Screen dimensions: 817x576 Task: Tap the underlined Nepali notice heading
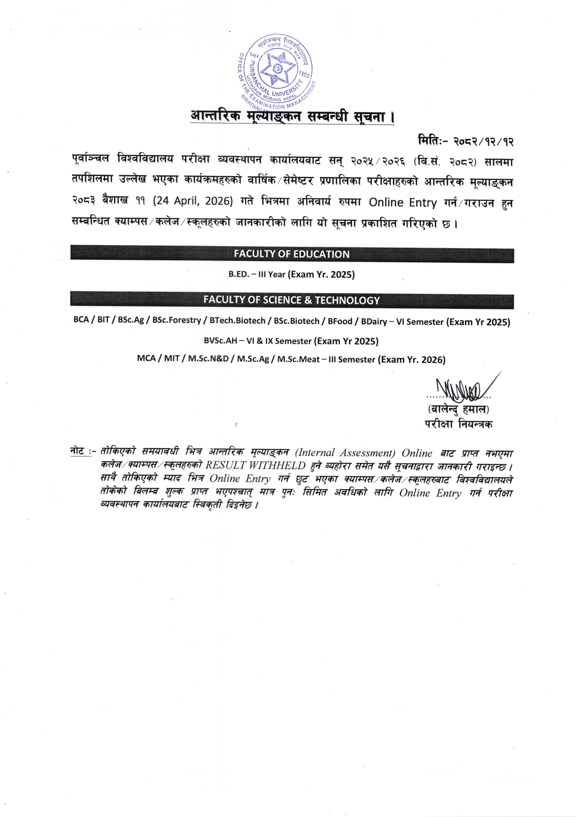292,116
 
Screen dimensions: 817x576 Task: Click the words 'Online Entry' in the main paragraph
402,203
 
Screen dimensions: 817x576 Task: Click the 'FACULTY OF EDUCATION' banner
291,254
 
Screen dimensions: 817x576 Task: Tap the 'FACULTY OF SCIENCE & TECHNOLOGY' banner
291,300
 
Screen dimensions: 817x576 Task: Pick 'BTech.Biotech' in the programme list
237,321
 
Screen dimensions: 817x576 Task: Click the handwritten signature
461,387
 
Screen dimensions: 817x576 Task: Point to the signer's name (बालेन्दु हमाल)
458,410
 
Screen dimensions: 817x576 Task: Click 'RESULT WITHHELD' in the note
256,465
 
